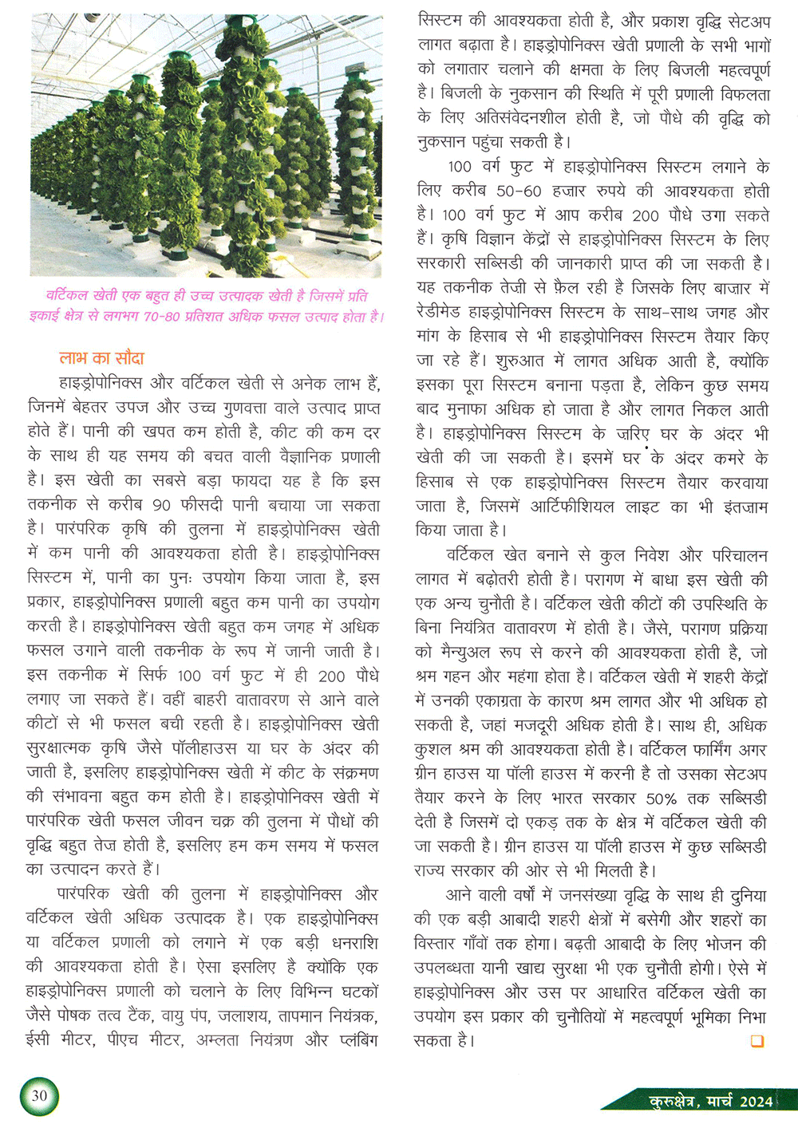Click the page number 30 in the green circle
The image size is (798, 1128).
tap(39, 1095)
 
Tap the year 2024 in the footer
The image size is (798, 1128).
tap(756, 1102)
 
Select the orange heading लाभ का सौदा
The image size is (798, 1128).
tap(101, 358)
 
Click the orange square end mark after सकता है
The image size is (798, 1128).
tap(757, 1040)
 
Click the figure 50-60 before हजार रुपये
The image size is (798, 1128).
tap(519, 191)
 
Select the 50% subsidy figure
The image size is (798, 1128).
tap(661, 799)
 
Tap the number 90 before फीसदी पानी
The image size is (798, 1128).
tap(161, 506)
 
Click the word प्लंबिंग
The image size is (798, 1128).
tap(358, 1040)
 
